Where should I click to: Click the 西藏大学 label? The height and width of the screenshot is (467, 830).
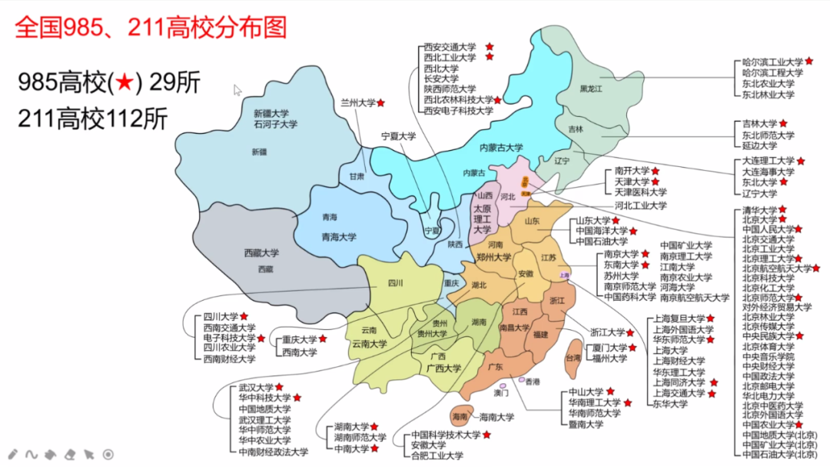262,252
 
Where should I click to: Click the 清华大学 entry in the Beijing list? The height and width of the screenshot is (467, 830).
759,209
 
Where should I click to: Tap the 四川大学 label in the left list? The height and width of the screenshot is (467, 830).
221,316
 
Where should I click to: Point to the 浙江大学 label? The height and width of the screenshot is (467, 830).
607,332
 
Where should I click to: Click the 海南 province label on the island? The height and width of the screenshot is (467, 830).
460,417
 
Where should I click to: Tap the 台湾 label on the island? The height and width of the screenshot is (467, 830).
573,358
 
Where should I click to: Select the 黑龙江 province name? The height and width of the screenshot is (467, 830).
593,89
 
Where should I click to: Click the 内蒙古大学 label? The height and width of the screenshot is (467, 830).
501,148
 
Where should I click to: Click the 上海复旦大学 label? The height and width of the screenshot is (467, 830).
679,318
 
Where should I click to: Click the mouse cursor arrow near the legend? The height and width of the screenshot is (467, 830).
237,90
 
